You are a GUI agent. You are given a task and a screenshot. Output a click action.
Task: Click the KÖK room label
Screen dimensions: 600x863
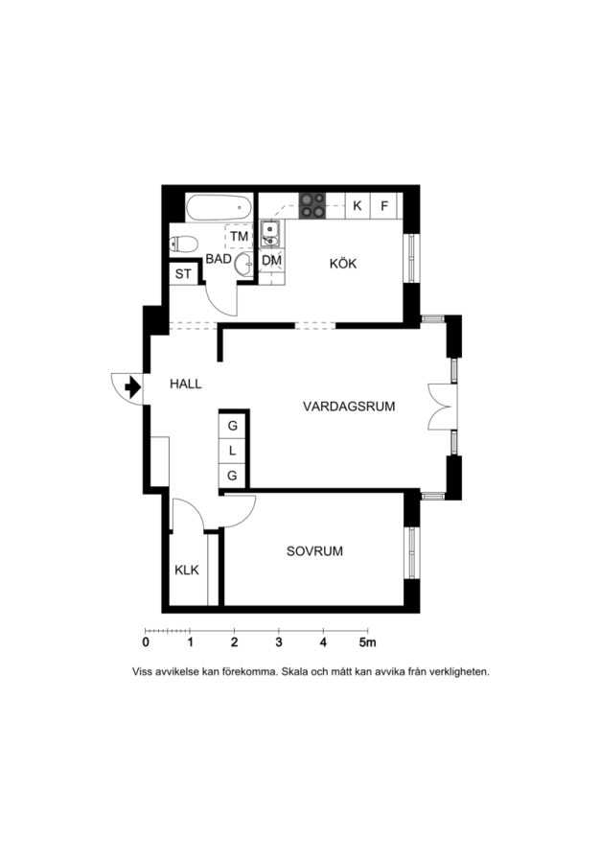343,264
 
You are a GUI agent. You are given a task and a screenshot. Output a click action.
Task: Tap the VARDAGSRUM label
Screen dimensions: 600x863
349,407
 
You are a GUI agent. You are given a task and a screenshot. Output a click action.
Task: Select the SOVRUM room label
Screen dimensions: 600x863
314,551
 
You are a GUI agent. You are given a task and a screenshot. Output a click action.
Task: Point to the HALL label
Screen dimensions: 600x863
185,385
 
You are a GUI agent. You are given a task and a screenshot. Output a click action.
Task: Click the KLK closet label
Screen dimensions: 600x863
187,571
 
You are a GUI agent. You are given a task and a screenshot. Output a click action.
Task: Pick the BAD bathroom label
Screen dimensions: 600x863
219,259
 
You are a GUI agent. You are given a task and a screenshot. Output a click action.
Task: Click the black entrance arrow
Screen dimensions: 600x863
132,387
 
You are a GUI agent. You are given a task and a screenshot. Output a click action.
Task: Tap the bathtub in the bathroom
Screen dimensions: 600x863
219,208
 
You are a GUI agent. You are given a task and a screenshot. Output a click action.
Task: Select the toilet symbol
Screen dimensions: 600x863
184,244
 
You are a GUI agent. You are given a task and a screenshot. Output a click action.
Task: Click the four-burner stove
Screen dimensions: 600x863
312,205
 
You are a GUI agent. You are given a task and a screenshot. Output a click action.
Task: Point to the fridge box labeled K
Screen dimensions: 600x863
358,206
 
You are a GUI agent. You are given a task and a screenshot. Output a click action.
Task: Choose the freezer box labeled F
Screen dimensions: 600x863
384,206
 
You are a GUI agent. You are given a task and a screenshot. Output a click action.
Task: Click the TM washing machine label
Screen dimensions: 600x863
239,237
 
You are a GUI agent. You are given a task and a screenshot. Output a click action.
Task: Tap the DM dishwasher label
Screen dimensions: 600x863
271,260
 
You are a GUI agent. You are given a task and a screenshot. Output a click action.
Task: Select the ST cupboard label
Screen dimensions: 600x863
183,273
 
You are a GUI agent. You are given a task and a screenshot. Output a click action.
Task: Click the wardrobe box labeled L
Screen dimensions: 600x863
232,451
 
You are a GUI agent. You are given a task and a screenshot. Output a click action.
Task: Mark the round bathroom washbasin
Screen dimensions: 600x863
243,265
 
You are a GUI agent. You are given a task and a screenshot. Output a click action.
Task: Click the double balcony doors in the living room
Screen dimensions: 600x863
443,407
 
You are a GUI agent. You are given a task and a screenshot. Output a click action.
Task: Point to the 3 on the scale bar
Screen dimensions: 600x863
279,642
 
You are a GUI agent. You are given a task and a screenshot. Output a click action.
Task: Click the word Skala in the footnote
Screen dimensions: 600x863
295,671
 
